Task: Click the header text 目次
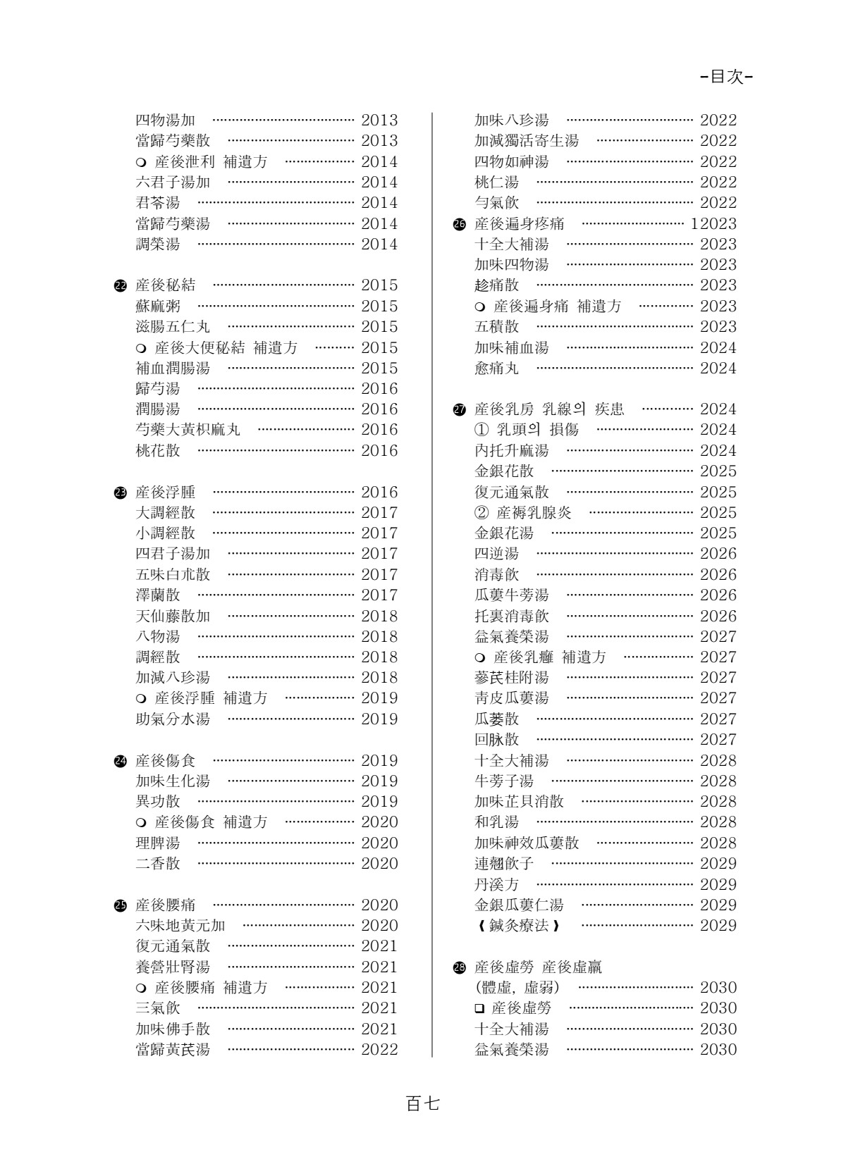[x=726, y=78]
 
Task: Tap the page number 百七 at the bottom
[x=422, y=1103]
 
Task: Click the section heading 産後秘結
[x=166, y=285]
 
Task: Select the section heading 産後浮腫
[x=166, y=492]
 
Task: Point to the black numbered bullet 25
[x=119, y=905]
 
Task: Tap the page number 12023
[x=713, y=224]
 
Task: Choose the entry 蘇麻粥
[x=158, y=306]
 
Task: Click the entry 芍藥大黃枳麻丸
[x=188, y=430]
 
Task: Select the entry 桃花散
[x=158, y=450]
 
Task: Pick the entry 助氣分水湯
[x=173, y=719]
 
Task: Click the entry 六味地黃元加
[x=180, y=926]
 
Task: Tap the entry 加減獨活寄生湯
[x=527, y=141]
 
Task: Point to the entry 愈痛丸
[x=497, y=368]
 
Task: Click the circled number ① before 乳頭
[x=482, y=430]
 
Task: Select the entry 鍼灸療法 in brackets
[x=518, y=926]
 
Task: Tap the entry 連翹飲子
[x=504, y=864]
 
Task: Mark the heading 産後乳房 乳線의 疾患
[x=549, y=409]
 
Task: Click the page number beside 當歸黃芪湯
[x=379, y=1050]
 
